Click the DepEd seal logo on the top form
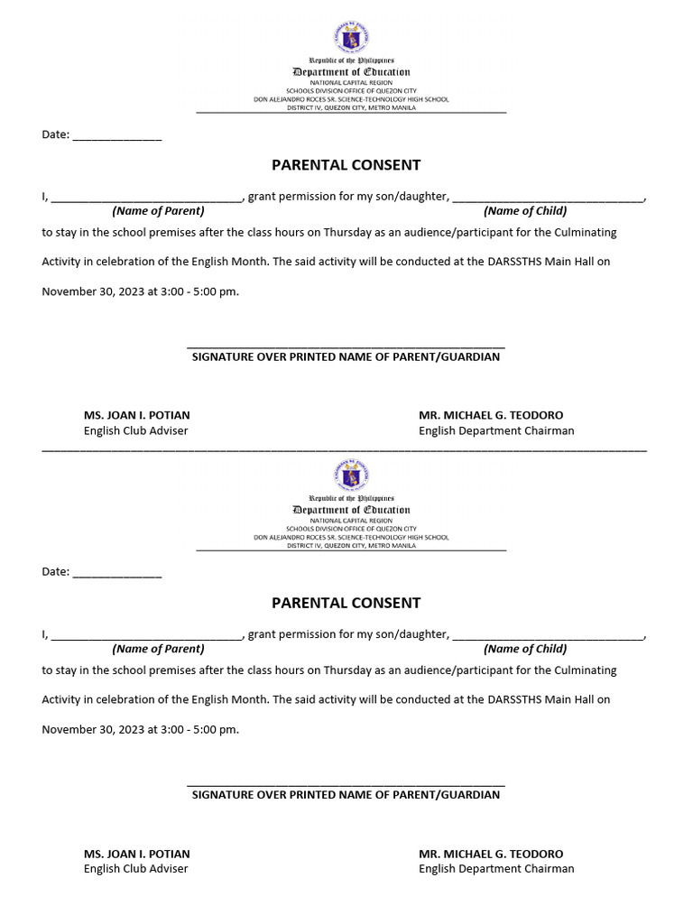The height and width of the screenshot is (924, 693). click(x=351, y=38)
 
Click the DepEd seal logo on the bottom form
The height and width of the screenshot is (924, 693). click(x=351, y=476)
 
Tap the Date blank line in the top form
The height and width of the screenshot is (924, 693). click(x=116, y=137)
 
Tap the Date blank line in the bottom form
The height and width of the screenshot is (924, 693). click(x=116, y=575)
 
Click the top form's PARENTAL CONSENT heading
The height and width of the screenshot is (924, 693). click(x=346, y=165)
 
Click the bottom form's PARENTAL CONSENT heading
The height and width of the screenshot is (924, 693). click(x=346, y=603)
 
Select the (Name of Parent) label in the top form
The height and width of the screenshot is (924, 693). click(x=158, y=211)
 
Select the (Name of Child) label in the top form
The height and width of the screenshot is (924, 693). click(x=525, y=211)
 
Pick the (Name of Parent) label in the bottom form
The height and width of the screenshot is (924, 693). click(x=158, y=649)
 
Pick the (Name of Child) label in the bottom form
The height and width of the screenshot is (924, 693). click(x=525, y=649)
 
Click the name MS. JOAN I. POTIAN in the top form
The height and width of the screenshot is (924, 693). click(x=137, y=415)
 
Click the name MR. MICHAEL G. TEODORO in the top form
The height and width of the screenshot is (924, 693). click(x=491, y=415)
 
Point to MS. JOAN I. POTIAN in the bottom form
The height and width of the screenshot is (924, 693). click(x=137, y=854)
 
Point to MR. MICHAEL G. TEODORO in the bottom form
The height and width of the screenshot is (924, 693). click(x=491, y=854)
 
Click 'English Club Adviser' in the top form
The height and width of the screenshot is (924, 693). click(x=136, y=431)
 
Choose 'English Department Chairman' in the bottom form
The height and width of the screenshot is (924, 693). click(x=496, y=869)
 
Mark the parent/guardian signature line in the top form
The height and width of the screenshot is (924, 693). click(x=346, y=346)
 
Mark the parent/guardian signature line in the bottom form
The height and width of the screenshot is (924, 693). click(x=346, y=784)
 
